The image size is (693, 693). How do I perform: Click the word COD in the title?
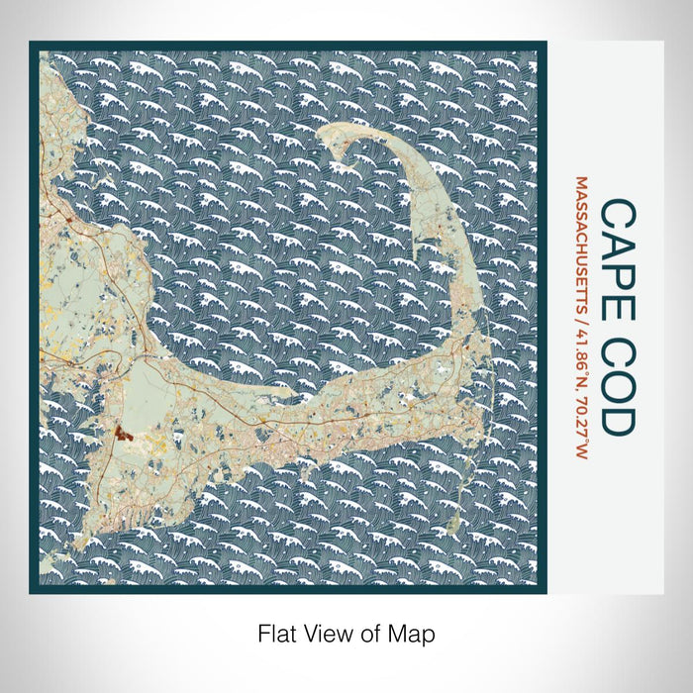coord(619,381)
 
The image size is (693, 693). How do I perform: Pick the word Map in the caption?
coord(417,633)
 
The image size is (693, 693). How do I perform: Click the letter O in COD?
coord(619,381)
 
